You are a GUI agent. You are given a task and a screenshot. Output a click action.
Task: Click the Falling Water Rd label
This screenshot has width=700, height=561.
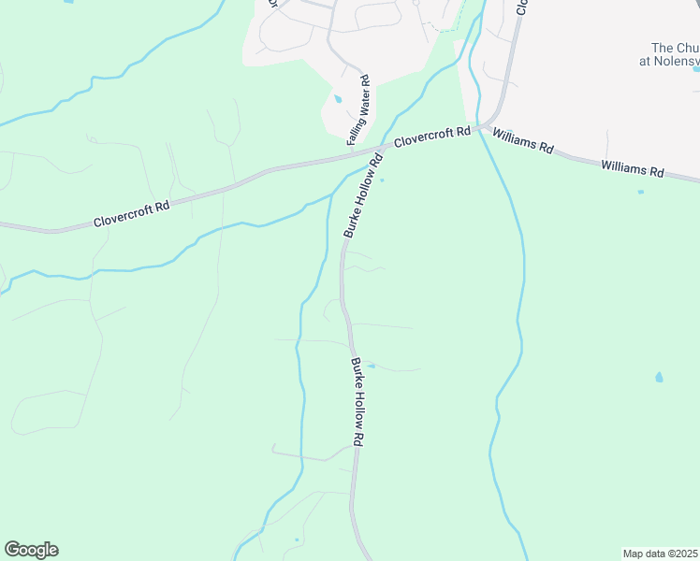(x=359, y=111)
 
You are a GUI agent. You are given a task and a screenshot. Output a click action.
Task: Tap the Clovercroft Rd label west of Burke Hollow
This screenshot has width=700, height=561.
(x=132, y=214)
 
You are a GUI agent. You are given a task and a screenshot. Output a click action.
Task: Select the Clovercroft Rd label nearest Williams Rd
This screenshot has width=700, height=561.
(x=431, y=138)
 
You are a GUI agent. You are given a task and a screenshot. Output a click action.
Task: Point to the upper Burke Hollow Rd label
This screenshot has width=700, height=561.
(x=364, y=194)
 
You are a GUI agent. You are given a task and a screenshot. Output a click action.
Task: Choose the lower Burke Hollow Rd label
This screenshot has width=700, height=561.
(x=357, y=400)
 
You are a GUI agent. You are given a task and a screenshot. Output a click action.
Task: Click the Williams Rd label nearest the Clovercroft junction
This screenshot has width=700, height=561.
(x=523, y=142)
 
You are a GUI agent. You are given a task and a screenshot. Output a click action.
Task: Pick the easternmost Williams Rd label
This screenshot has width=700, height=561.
(x=633, y=169)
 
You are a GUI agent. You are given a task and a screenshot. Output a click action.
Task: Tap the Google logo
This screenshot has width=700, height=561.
(x=31, y=550)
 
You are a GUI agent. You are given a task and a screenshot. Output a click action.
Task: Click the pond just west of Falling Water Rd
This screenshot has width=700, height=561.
(x=338, y=98)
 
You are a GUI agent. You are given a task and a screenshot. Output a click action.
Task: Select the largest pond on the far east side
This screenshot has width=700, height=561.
(x=660, y=378)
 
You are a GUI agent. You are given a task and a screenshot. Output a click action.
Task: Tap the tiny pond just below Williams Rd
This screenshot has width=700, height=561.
(x=640, y=192)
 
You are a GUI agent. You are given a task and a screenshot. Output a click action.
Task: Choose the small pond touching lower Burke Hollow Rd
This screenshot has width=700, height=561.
(x=371, y=366)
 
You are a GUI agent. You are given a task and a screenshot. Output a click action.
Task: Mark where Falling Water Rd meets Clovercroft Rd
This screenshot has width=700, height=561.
(x=348, y=155)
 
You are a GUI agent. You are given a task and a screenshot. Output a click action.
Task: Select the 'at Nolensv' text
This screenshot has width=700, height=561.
(x=670, y=61)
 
